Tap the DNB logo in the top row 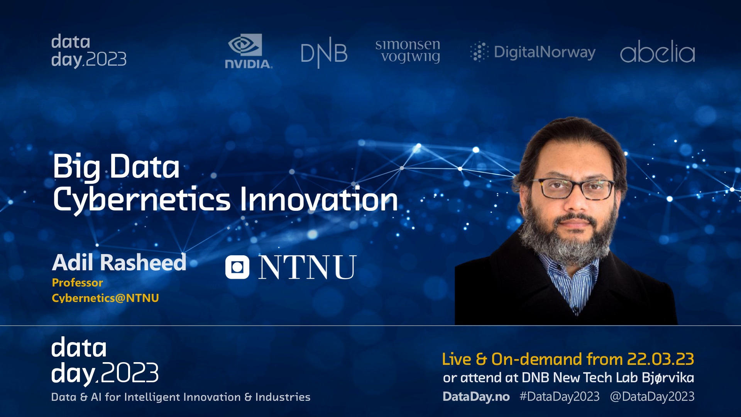click(324, 53)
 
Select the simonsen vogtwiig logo click(408, 51)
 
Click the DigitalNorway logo click(533, 52)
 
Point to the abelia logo click(658, 51)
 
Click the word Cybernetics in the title click(142, 200)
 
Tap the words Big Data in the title click(116, 167)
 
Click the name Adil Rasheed click(119, 263)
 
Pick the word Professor click(78, 283)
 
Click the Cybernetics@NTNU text click(105, 298)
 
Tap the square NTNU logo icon click(237, 267)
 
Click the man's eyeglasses click(574, 188)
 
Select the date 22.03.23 click(661, 359)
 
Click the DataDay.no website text click(476, 397)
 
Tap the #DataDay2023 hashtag click(560, 397)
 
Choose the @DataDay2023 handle click(652, 397)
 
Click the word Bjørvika click(668, 378)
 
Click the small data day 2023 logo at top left click(89, 51)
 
